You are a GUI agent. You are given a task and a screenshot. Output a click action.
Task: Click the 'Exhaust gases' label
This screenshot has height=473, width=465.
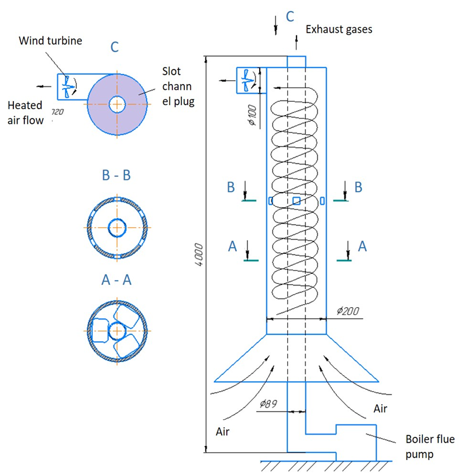339,28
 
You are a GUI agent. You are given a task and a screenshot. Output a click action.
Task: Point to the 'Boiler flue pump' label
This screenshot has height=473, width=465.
429,445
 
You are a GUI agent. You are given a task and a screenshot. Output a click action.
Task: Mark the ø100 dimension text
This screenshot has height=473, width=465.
251,113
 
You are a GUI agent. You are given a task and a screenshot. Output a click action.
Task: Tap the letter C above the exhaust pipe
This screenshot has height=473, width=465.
290,16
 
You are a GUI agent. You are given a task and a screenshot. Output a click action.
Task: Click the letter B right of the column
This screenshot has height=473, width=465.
359,187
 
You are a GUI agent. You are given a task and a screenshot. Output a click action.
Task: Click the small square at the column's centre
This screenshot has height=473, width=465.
297,200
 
